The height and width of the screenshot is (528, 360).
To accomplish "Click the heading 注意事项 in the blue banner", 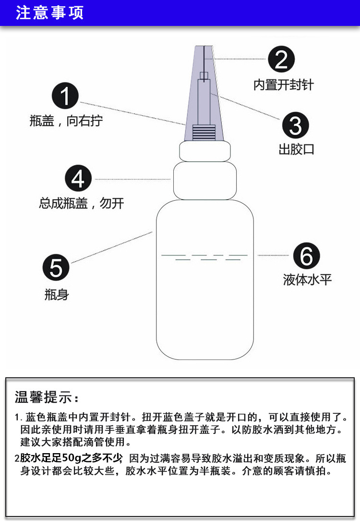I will click(x=50, y=13).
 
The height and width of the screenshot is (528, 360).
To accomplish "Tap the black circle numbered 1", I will click(x=65, y=96).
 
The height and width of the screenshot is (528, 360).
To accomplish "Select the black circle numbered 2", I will click(x=281, y=60).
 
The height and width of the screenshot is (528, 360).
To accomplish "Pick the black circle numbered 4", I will click(x=78, y=179).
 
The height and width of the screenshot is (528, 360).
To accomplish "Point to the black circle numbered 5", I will click(x=56, y=268).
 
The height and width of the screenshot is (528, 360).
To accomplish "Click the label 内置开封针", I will click(x=283, y=85).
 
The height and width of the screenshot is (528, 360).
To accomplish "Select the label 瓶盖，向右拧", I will click(x=66, y=120).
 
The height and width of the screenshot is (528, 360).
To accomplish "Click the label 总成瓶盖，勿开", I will click(x=81, y=203).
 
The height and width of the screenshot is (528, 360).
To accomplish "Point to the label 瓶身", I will click(x=57, y=294).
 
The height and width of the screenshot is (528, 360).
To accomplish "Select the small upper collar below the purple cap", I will click(x=205, y=151).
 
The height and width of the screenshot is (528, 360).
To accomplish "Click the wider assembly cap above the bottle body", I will click(x=205, y=180).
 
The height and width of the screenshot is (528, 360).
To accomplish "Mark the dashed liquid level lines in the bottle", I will click(x=205, y=257).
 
